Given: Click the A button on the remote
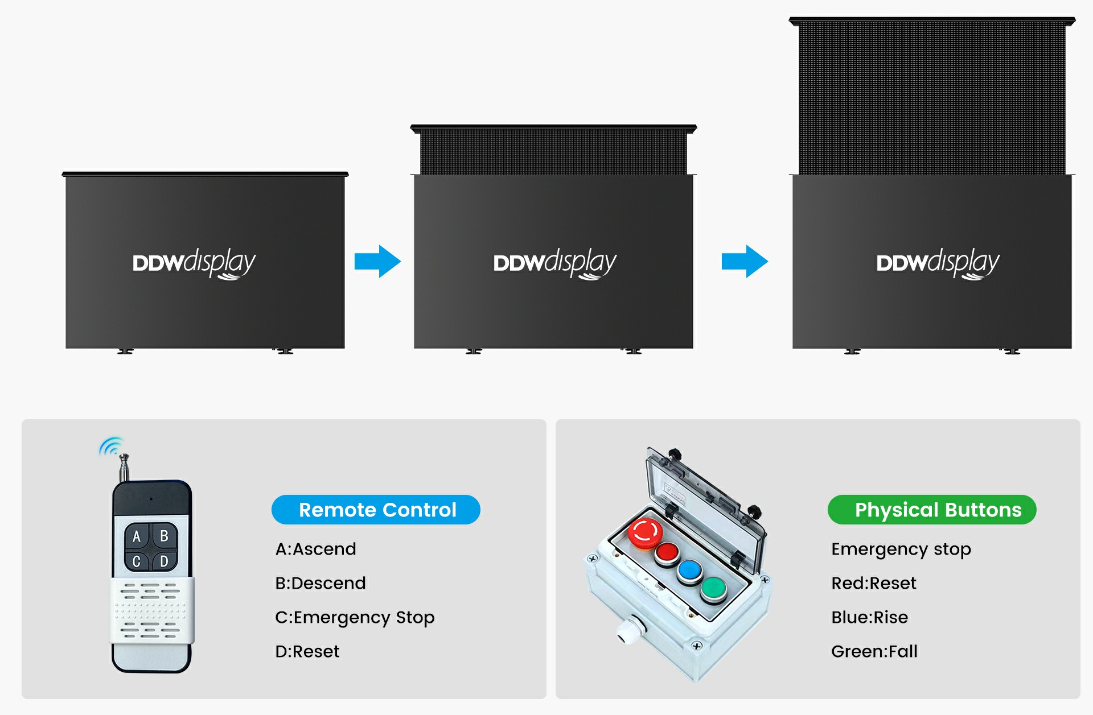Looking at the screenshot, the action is pos(137,536).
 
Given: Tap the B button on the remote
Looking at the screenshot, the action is pos(165,536).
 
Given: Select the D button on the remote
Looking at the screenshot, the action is pos(165,561).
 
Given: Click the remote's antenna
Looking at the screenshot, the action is pos(124,468).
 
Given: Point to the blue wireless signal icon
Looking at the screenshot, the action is pos(112,447).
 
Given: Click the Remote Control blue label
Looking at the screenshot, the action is pos(376,510).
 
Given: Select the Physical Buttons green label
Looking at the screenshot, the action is pos(932,510).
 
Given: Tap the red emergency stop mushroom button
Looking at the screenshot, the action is pos(646,533).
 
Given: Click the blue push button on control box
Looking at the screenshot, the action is pos(690,572).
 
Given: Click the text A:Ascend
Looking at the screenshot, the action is pos(316,549).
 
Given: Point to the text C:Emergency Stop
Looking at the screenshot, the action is pos(355,618).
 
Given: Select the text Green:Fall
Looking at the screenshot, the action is pos(874,651).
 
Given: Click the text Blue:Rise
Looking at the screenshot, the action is pos(870,617).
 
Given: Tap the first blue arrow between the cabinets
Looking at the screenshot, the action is pos(377,262).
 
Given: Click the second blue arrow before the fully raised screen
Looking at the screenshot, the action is pos(745,262).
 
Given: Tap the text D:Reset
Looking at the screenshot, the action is pos(307,651).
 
